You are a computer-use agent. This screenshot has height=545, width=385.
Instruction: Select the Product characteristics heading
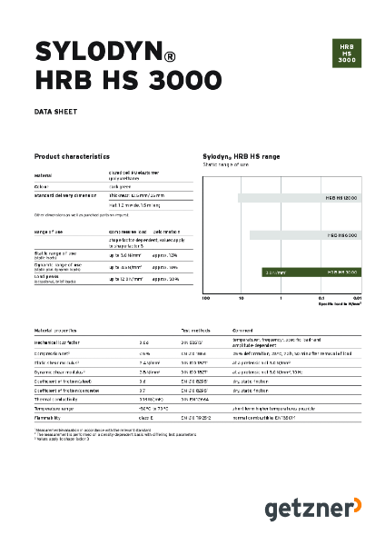pyautogui.click(x=72, y=156)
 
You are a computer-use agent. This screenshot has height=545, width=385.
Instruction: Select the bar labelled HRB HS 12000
pyautogui.click(x=301, y=197)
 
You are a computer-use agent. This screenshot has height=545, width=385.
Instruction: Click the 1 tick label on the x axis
pyautogui.click(x=281, y=298)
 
